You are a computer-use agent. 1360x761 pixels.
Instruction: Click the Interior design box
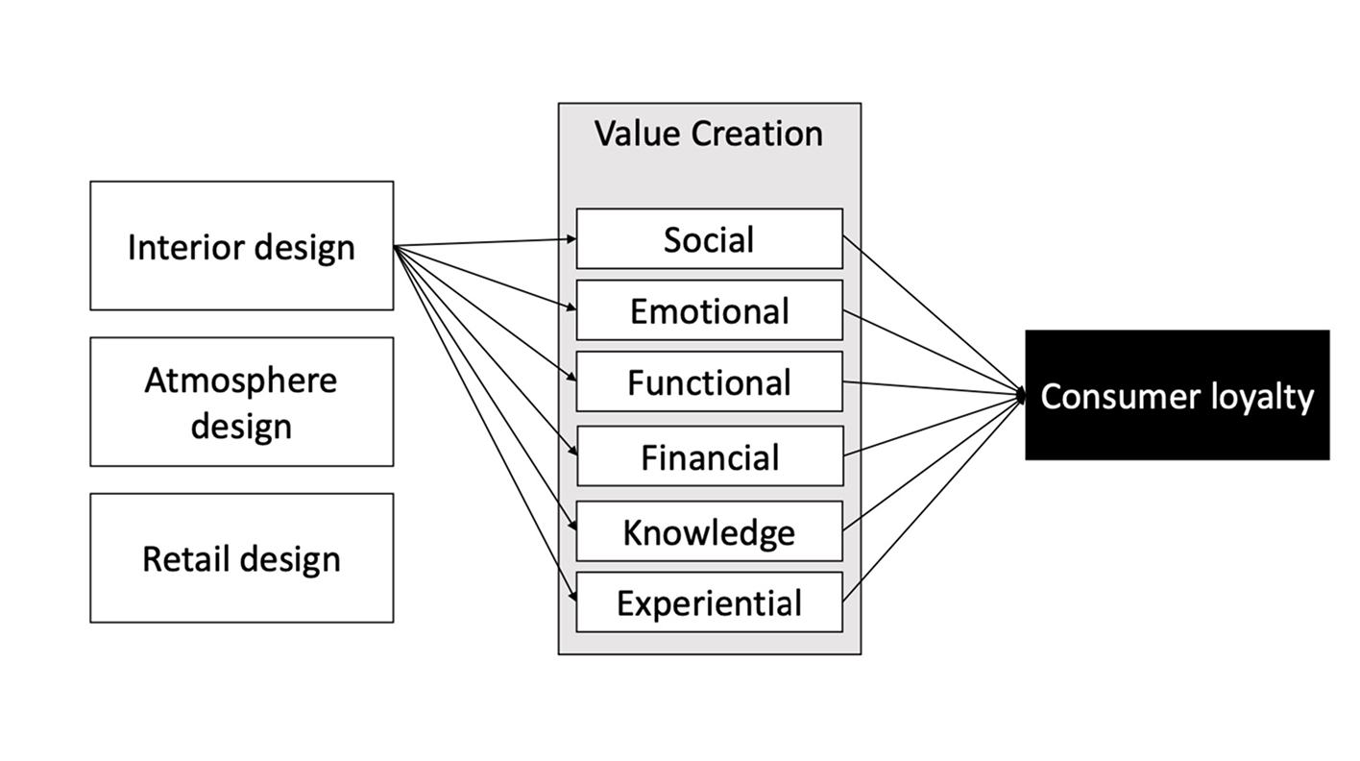click(241, 246)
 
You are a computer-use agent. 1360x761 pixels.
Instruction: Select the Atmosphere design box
click(241, 402)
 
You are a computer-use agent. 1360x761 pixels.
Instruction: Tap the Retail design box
click(241, 558)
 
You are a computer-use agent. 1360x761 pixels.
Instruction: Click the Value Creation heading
click(709, 134)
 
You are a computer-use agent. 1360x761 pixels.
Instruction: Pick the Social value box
click(709, 239)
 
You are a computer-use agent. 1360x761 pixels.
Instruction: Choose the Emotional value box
click(709, 310)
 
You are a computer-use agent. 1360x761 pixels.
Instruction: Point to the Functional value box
click(709, 382)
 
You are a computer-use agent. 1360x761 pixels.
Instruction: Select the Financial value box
click(709, 456)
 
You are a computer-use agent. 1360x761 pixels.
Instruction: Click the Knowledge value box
click(709, 531)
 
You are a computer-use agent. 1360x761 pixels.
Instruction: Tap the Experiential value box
click(709, 602)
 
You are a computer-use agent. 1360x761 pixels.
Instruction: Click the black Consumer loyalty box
click(1177, 395)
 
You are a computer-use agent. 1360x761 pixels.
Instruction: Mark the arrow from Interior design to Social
click(485, 243)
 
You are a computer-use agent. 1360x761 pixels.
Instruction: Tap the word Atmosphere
click(241, 380)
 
